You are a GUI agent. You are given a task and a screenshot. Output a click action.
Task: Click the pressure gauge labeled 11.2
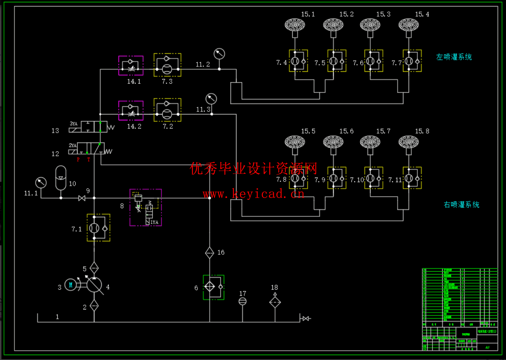219,54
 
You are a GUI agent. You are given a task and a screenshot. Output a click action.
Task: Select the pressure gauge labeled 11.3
211,98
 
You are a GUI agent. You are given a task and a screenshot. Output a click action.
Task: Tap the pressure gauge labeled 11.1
41,183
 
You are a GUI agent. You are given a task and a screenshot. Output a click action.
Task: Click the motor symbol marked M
71,285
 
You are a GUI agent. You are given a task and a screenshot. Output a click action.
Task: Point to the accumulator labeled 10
61,177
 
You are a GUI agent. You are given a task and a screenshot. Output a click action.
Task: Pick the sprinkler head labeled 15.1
295,25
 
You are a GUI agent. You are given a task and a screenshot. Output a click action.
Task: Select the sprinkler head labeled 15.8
409,142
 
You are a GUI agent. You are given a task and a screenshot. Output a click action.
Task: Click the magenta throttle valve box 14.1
131,66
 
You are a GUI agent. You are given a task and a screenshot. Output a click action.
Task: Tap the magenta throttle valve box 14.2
131,110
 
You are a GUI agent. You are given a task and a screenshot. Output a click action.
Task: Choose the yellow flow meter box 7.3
167,65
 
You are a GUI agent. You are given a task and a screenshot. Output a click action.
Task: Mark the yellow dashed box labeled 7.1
98,228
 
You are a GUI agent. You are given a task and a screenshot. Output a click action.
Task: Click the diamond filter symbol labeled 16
210,253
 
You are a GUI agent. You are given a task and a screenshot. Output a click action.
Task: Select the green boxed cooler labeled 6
213,287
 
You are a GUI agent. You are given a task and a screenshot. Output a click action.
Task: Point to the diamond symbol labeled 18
275,302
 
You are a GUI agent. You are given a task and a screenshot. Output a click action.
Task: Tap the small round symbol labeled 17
243,301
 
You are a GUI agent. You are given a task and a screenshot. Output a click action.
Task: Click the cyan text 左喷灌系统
454,57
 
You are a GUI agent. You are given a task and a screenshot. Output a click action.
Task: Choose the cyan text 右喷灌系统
461,205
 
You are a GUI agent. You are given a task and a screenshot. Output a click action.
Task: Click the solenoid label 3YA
74,124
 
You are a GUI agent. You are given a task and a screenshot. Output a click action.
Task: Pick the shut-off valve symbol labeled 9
82,198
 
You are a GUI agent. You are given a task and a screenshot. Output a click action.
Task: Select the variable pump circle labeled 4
94,285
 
